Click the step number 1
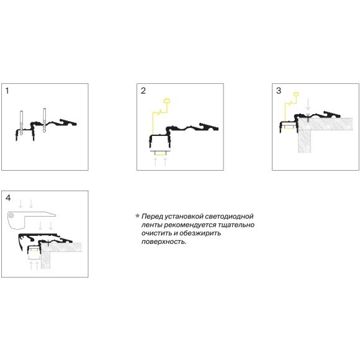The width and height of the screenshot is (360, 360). point(7,91)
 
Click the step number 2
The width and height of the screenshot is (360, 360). point(143,91)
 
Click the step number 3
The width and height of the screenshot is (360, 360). point(279,91)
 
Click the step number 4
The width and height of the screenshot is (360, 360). point(8,198)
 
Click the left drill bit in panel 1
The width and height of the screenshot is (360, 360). point(21,123)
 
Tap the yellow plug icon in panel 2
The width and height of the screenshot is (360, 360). point(167,101)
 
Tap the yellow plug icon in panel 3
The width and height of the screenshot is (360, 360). point(296,94)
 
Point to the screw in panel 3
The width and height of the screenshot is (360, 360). point(308,117)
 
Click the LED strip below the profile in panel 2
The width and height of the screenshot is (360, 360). point(160,153)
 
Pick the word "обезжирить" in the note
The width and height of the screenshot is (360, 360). point(200,233)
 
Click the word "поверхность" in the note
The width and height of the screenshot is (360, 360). point(163,242)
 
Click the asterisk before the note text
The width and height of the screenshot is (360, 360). point(138,216)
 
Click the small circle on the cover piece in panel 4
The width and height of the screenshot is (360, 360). point(11,215)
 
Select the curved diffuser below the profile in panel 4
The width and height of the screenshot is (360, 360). point(34,259)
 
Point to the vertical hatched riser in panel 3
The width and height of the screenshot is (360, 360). point(304,141)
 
